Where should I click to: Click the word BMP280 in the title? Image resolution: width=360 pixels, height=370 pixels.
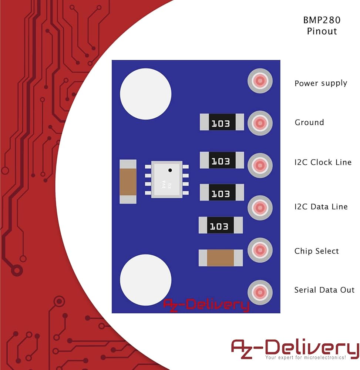pos(322,20)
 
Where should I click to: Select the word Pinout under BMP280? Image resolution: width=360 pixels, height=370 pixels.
pos(322,31)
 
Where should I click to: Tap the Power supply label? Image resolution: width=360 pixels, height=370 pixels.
pos(320,83)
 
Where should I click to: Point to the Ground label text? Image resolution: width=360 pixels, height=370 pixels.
pos(309,122)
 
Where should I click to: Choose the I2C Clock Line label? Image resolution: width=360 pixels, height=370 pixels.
pos(323,162)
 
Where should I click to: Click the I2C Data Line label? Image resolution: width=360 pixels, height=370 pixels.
pos(321,206)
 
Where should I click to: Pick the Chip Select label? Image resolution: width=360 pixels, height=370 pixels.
pos(316,251)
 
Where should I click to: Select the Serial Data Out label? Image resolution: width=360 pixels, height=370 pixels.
pos(324,290)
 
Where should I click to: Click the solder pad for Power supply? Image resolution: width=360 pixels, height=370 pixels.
pos(260,81)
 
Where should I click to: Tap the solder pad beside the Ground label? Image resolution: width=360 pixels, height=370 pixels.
pos(260,122)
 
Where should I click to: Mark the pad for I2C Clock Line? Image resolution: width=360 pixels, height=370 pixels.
pos(260,165)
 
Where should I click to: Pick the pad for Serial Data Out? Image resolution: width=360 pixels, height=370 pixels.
pos(260,291)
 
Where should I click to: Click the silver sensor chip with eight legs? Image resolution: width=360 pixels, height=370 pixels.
pos(166,179)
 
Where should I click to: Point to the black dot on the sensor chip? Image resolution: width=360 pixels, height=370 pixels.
pos(170,170)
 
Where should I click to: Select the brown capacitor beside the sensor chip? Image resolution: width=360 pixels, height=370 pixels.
pos(128,181)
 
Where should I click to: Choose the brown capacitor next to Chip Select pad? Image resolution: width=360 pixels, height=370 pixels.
pos(221,258)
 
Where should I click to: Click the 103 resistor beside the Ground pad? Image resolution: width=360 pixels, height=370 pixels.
pos(221,122)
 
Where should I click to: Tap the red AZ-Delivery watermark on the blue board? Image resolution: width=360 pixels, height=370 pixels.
pos(206,305)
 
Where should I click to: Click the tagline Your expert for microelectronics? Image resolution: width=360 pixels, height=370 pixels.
pos(305,358)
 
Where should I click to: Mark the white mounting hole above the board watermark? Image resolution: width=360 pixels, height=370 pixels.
pos(145,280)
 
